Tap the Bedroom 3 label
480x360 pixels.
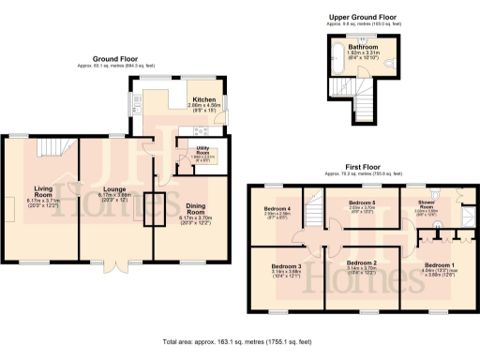[x=286, y=266]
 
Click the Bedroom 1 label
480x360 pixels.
[x=439, y=265]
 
